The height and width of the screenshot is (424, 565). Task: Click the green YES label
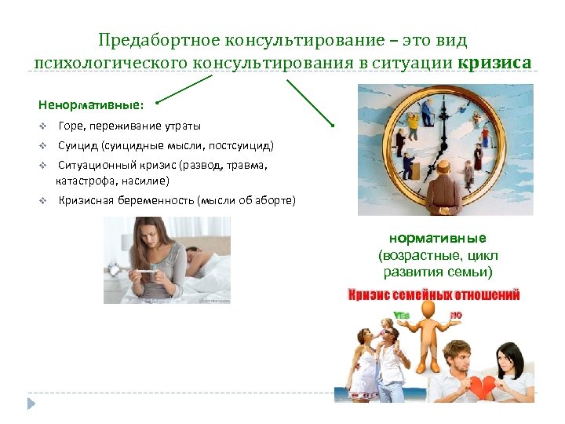(x=402, y=316)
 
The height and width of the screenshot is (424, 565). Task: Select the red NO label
(x=456, y=316)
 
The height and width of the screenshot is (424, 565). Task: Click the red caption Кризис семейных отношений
(x=434, y=295)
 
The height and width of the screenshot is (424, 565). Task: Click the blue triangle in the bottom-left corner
(x=32, y=404)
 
